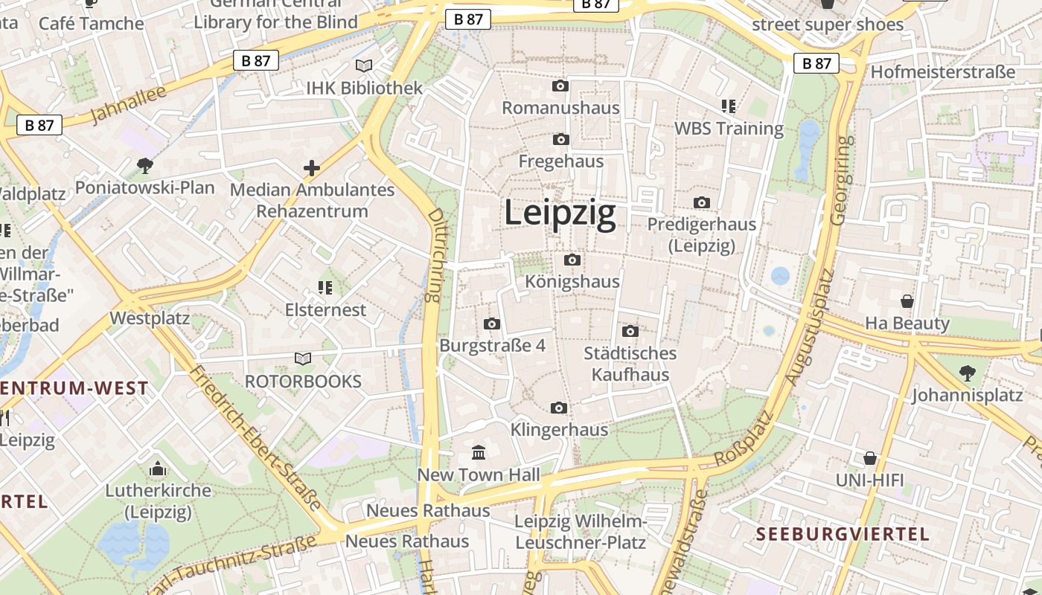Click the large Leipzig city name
pos(560,213)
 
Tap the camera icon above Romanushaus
pos(560,86)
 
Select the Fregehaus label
pos(560,161)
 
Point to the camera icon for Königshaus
pos(572,260)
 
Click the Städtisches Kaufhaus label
pos(630,364)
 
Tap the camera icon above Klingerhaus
pos(559,408)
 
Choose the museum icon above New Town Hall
pos(479,452)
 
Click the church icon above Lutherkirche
pos(158,469)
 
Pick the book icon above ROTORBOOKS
pos(303,359)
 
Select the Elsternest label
pos(326,310)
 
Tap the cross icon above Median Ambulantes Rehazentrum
pos(312,168)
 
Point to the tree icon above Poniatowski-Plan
pos(144,165)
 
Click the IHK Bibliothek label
pos(365,88)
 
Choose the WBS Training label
pos(729,129)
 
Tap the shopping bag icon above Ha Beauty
pos(907,301)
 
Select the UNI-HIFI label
pos(869,480)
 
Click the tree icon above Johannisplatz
pos(967,373)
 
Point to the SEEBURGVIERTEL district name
pos(843,534)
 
